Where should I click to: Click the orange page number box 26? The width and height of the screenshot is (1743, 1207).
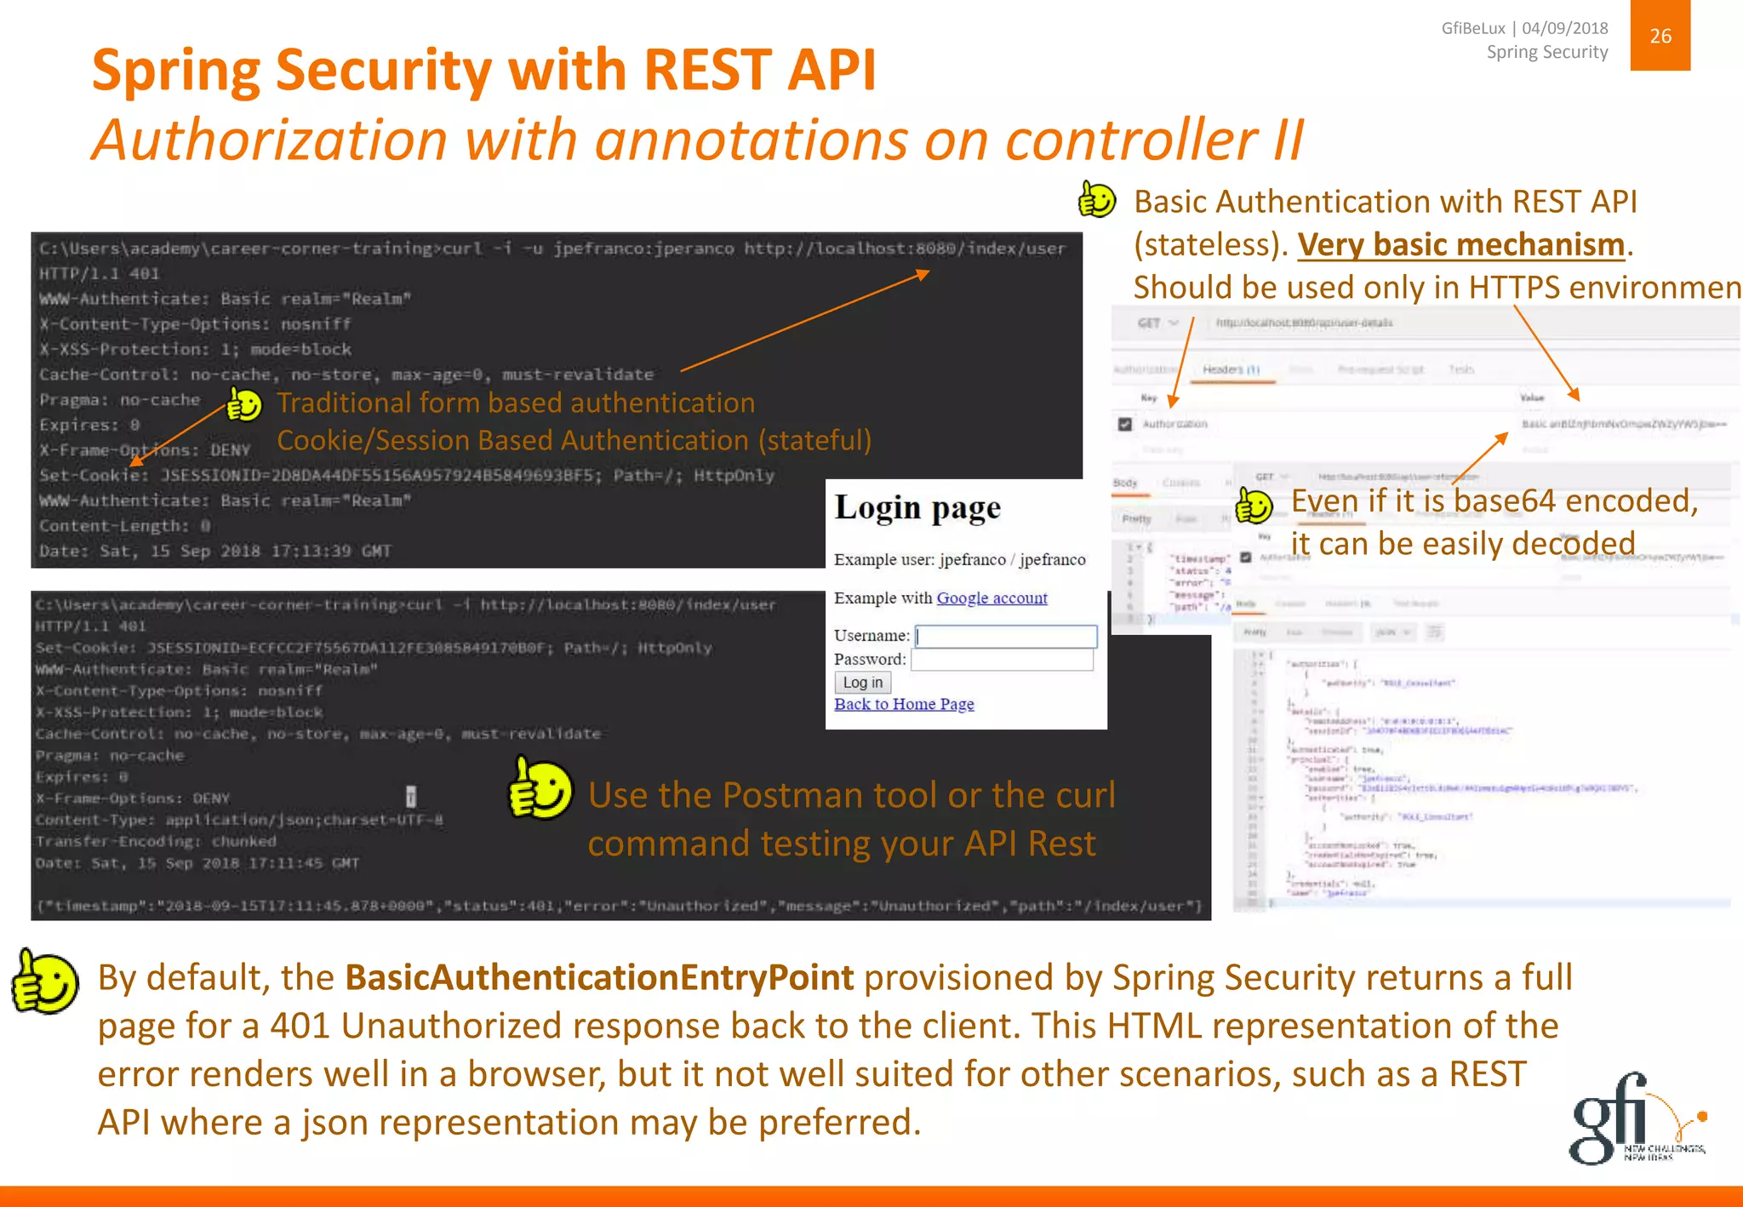click(x=1660, y=36)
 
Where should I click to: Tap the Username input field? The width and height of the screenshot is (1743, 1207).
click(x=1006, y=636)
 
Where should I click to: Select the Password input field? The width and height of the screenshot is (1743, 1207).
click(x=1002, y=660)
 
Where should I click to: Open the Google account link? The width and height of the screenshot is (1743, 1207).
click(x=992, y=598)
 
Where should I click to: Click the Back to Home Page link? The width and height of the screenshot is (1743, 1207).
click(x=904, y=704)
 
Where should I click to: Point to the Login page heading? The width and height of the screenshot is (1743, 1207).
click(x=917, y=508)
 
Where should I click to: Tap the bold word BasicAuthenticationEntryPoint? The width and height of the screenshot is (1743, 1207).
click(x=599, y=978)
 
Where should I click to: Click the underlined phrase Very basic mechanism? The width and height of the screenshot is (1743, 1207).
click(x=1461, y=245)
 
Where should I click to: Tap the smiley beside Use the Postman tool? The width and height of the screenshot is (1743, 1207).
click(x=540, y=789)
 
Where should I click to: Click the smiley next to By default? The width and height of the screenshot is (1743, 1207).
click(x=44, y=981)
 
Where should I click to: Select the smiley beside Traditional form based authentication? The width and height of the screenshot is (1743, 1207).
click(x=244, y=404)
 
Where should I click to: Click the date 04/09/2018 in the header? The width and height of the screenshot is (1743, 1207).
click(x=1564, y=28)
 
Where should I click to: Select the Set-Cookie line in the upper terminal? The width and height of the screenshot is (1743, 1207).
click(x=406, y=475)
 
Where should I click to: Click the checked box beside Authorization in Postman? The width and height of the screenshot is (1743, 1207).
click(x=1125, y=424)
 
